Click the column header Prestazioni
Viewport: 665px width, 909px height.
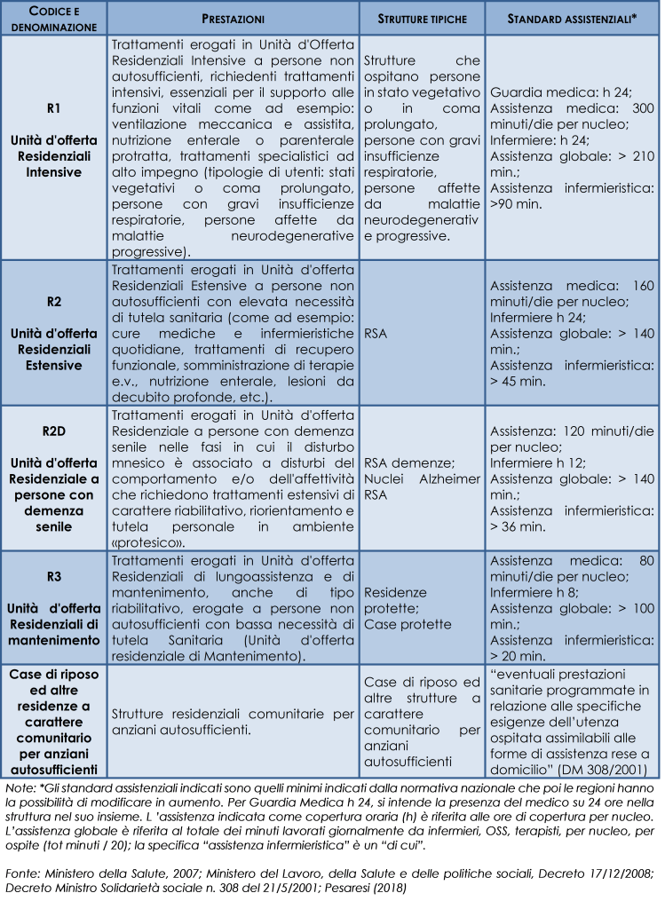[234, 18]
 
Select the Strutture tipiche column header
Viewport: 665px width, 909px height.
[422, 18]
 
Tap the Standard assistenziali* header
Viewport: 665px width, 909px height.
[572, 18]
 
